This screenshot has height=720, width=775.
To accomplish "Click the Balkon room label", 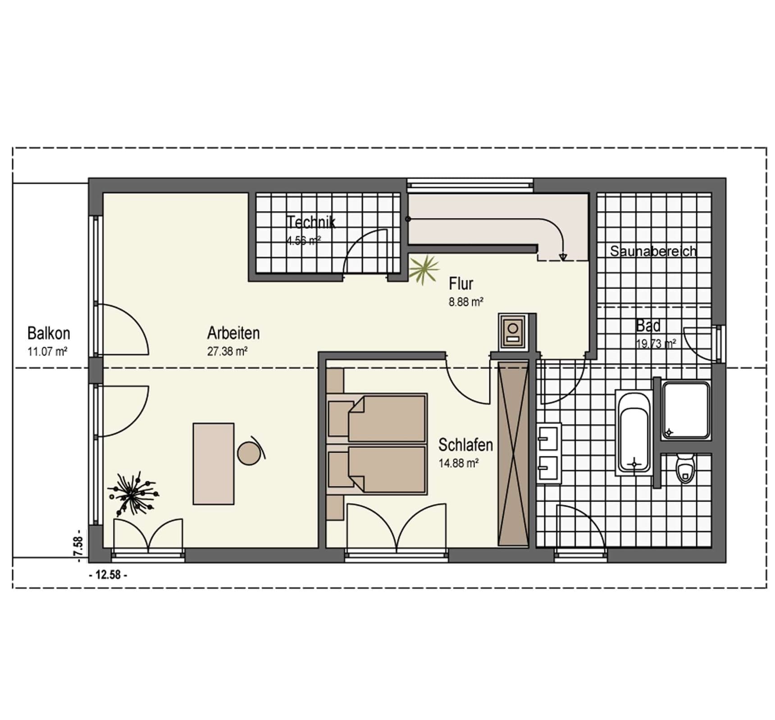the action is (x=49, y=333).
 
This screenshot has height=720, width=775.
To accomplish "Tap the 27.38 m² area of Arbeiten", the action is (x=228, y=351).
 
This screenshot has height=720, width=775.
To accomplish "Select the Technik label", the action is (x=311, y=222).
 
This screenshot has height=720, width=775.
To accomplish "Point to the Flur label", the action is (x=461, y=284).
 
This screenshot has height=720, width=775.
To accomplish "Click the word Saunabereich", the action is (x=653, y=251).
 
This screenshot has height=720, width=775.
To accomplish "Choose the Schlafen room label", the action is (x=466, y=445).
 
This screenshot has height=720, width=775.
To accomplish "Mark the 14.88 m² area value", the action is (x=459, y=463).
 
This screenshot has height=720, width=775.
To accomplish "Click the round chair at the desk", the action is (x=249, y=453).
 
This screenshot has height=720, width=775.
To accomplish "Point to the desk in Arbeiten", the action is (x=214, y=463).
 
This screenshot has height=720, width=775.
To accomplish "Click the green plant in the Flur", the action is (x=424, y=270).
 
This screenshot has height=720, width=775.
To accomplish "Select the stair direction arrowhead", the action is (x=563, y=257).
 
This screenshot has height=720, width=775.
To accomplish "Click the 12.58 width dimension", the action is (x=109, y=575).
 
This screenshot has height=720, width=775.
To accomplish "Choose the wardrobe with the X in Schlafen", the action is (x=513, y=453).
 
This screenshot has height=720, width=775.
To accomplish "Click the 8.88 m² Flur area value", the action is (x=466, y=302).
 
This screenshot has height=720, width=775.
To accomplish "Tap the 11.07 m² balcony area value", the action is (x=47, y=351).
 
